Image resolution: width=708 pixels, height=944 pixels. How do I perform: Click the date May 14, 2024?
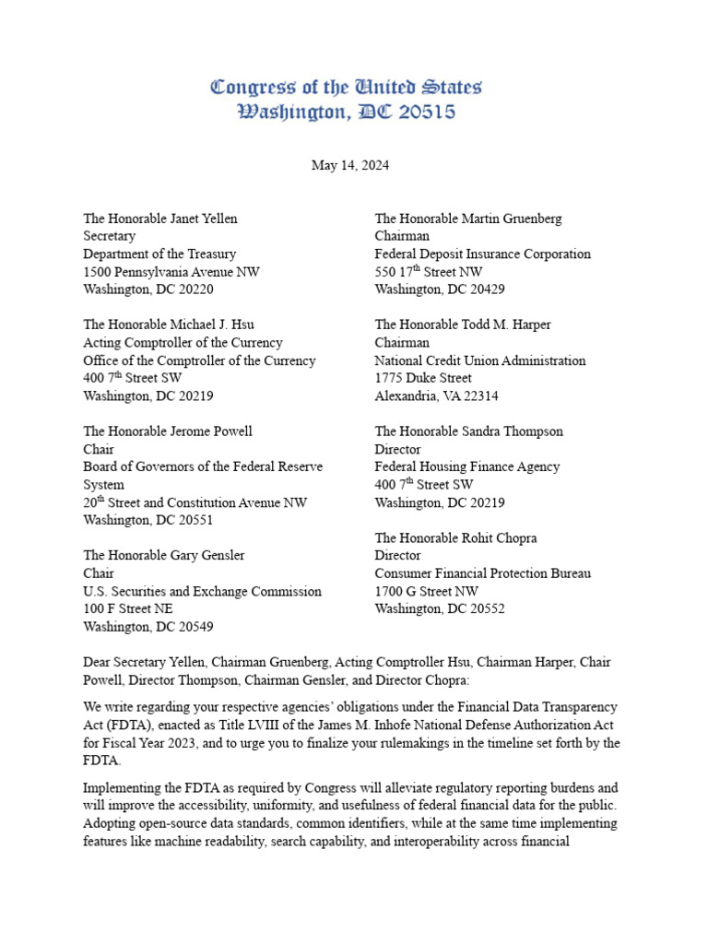tap(349, 166)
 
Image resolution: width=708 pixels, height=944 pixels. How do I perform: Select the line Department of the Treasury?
tap(159, 254)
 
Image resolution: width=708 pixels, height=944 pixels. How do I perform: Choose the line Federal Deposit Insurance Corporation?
tap(482, 254)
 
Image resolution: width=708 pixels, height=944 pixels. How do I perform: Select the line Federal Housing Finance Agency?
tap(466, 466)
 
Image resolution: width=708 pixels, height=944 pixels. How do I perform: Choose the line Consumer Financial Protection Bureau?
tap(482, 573)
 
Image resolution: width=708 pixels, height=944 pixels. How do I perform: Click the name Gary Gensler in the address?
tap(207, 555)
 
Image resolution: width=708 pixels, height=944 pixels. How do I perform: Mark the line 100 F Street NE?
tap(128, 608)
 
